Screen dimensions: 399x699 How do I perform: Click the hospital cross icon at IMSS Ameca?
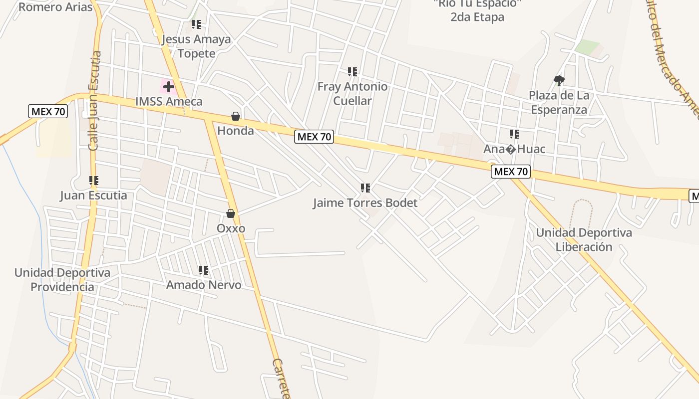pos(168,87)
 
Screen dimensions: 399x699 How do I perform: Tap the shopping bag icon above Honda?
pos(236,117)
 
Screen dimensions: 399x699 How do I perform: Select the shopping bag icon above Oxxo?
pos(231,214)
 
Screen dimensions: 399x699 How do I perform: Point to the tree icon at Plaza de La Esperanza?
pos(559,80)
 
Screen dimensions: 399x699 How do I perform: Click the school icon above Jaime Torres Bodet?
pos(365,188)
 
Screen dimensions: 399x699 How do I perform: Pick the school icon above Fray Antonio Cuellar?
pos(352,72)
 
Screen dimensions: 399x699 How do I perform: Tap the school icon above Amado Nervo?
pos(204,270)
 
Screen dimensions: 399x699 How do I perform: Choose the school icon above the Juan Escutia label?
pos(94,181)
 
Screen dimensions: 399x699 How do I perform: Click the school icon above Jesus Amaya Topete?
pos(196,24)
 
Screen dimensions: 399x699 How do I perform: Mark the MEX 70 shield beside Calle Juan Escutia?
pos(48,111)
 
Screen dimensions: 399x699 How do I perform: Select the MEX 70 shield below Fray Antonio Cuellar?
pos(314,137)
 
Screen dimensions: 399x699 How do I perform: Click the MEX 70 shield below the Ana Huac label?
pos(510,172)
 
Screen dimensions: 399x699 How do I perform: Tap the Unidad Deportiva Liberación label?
pos(584,240)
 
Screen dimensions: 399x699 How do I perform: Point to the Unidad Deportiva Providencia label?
pos(62,280)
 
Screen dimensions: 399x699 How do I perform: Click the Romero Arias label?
pos(55,7)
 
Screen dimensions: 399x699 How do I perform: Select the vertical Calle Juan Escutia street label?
pos(94,101)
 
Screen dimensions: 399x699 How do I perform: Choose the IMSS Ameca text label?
pos(169,102)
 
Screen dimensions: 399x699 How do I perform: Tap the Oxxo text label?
pos(231,228)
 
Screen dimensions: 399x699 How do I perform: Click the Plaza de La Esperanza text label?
pos(559,102)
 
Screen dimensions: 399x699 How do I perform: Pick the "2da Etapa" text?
pos(477,17)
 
